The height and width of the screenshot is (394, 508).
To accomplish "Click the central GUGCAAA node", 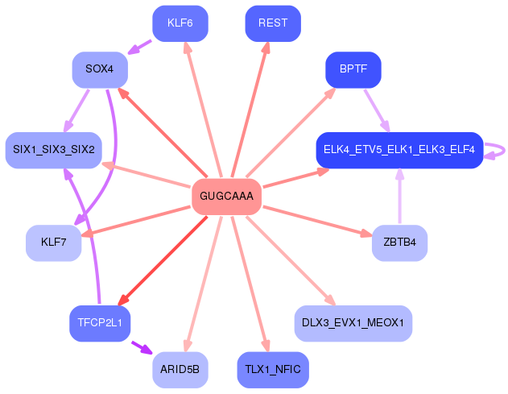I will (x=226, y=197).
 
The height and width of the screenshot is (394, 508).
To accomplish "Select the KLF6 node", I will (x=180, y=23).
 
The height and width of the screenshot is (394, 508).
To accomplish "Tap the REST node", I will (x=273, y=23).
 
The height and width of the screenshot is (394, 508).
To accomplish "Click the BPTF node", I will (x=353, y=70).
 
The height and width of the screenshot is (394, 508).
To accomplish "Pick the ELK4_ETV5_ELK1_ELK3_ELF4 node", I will (x=399, y=150).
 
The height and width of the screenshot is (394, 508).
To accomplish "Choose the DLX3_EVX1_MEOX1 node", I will (x=353, y=323).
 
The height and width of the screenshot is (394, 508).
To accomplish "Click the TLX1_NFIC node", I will (x=273, y=370).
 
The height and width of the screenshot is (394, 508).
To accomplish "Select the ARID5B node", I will (x=180, y=370).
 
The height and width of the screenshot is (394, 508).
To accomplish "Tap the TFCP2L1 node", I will (x=100, y=323).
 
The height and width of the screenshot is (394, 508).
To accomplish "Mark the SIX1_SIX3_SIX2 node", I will (x=53, y=150).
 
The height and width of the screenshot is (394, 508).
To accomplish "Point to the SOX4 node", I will (x=100, y=70).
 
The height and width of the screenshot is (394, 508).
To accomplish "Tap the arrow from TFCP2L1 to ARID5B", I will (x=140, y=347).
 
